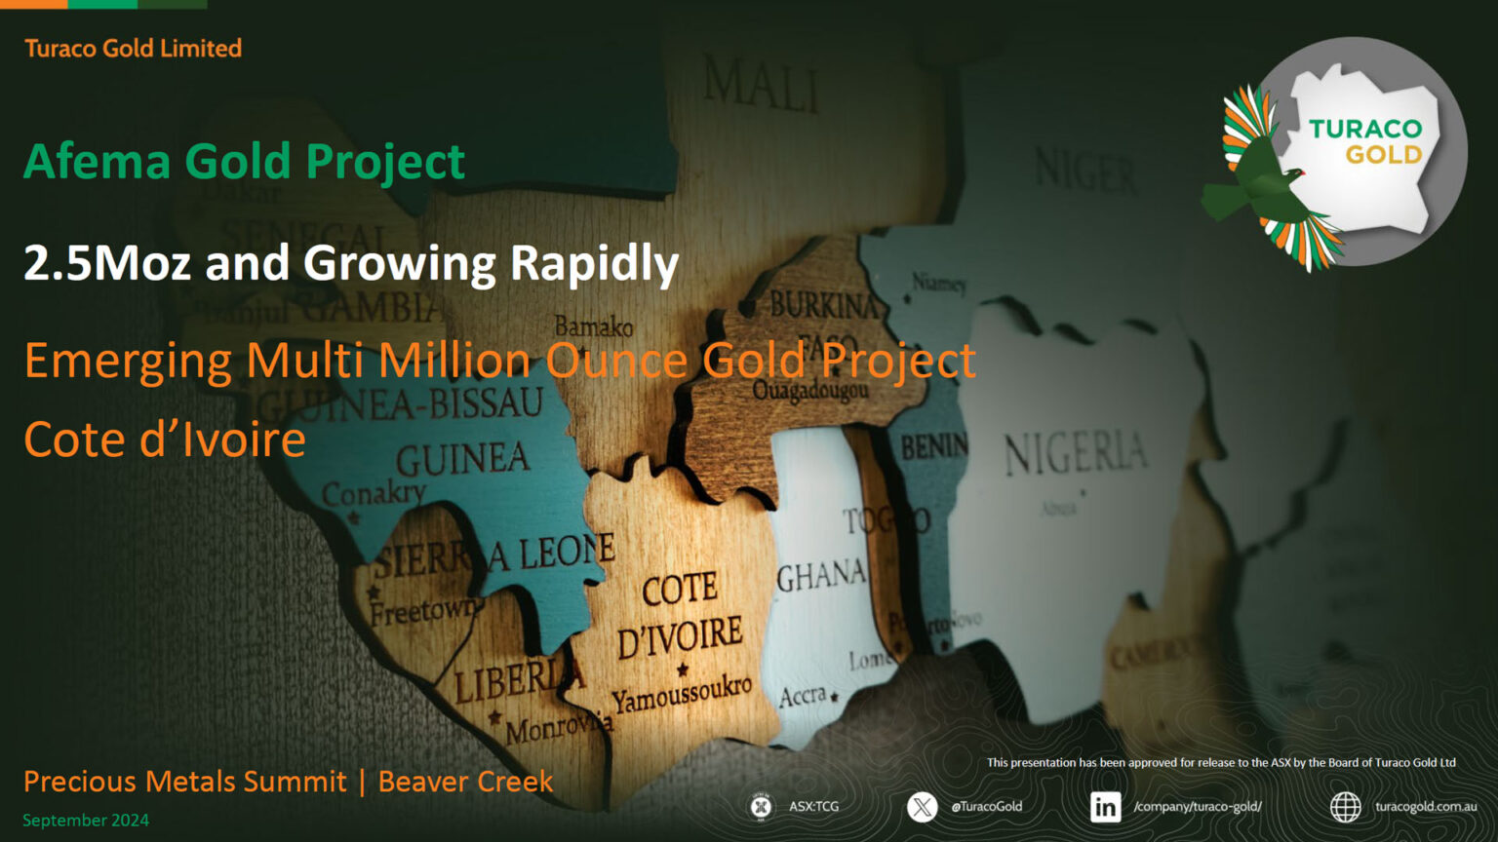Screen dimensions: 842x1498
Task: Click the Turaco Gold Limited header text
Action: click(133, 48)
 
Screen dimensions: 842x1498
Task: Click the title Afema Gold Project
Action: click(244, 162)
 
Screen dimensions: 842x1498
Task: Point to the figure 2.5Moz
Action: click(106, 263)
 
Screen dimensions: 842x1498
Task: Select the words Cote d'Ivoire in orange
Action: click(165, 440)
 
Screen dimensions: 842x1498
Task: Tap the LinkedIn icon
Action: click(1105, 807)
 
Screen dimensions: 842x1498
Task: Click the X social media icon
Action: click(922, 807)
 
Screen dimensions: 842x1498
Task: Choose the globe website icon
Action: click(1346, 807)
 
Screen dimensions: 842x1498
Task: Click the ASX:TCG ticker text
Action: click(813, 807)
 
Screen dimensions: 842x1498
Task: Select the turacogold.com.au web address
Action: click(1425, 807)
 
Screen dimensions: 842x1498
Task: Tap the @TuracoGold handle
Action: click(987, 807)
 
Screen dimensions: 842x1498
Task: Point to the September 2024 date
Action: click(86, 821)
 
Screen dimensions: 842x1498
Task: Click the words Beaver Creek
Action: click(465, 782)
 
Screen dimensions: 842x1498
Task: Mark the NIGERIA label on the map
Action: click(1076, 454)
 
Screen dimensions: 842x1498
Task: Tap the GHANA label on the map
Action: click(820, 576)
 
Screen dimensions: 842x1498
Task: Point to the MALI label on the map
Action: click(761, 82)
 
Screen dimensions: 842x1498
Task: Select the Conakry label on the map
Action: click(374, 493)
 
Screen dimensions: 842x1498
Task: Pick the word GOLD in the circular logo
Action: click(1383, 155)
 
